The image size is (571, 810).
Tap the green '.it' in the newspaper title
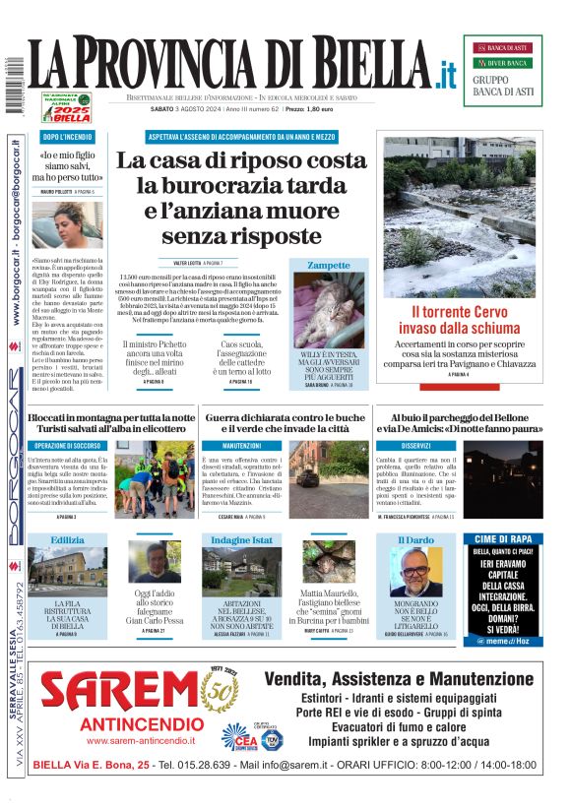[x=447, y=73]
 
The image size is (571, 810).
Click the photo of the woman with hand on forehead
[x=68, y=222]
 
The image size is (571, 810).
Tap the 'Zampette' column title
[x=328, y=265]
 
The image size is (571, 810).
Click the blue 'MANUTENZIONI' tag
[x=241, y=445]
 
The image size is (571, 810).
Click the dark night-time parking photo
[x=501, y=479]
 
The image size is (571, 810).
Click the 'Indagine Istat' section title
[x=241, y=540]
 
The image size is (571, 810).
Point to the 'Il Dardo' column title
[x=414, y=540]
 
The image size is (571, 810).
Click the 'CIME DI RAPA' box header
[x=502, y=539]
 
